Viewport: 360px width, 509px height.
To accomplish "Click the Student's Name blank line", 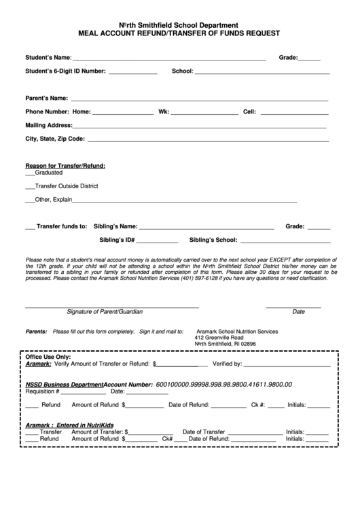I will point(170,59).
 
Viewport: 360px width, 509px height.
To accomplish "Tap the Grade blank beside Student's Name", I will point(309,59).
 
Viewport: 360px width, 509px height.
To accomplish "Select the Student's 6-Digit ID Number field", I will point(133,72).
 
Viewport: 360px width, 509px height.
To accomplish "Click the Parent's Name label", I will point(46,98).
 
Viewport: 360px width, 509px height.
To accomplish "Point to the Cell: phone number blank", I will point(294,112).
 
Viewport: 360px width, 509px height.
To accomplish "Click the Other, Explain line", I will point(183,201).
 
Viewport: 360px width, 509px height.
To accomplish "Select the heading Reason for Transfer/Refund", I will point(65,166).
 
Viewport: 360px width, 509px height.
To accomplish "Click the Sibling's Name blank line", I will point(206,227).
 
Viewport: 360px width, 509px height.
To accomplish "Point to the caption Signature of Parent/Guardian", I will point(105,312).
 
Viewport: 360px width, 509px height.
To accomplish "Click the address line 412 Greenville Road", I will point(219,338).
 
